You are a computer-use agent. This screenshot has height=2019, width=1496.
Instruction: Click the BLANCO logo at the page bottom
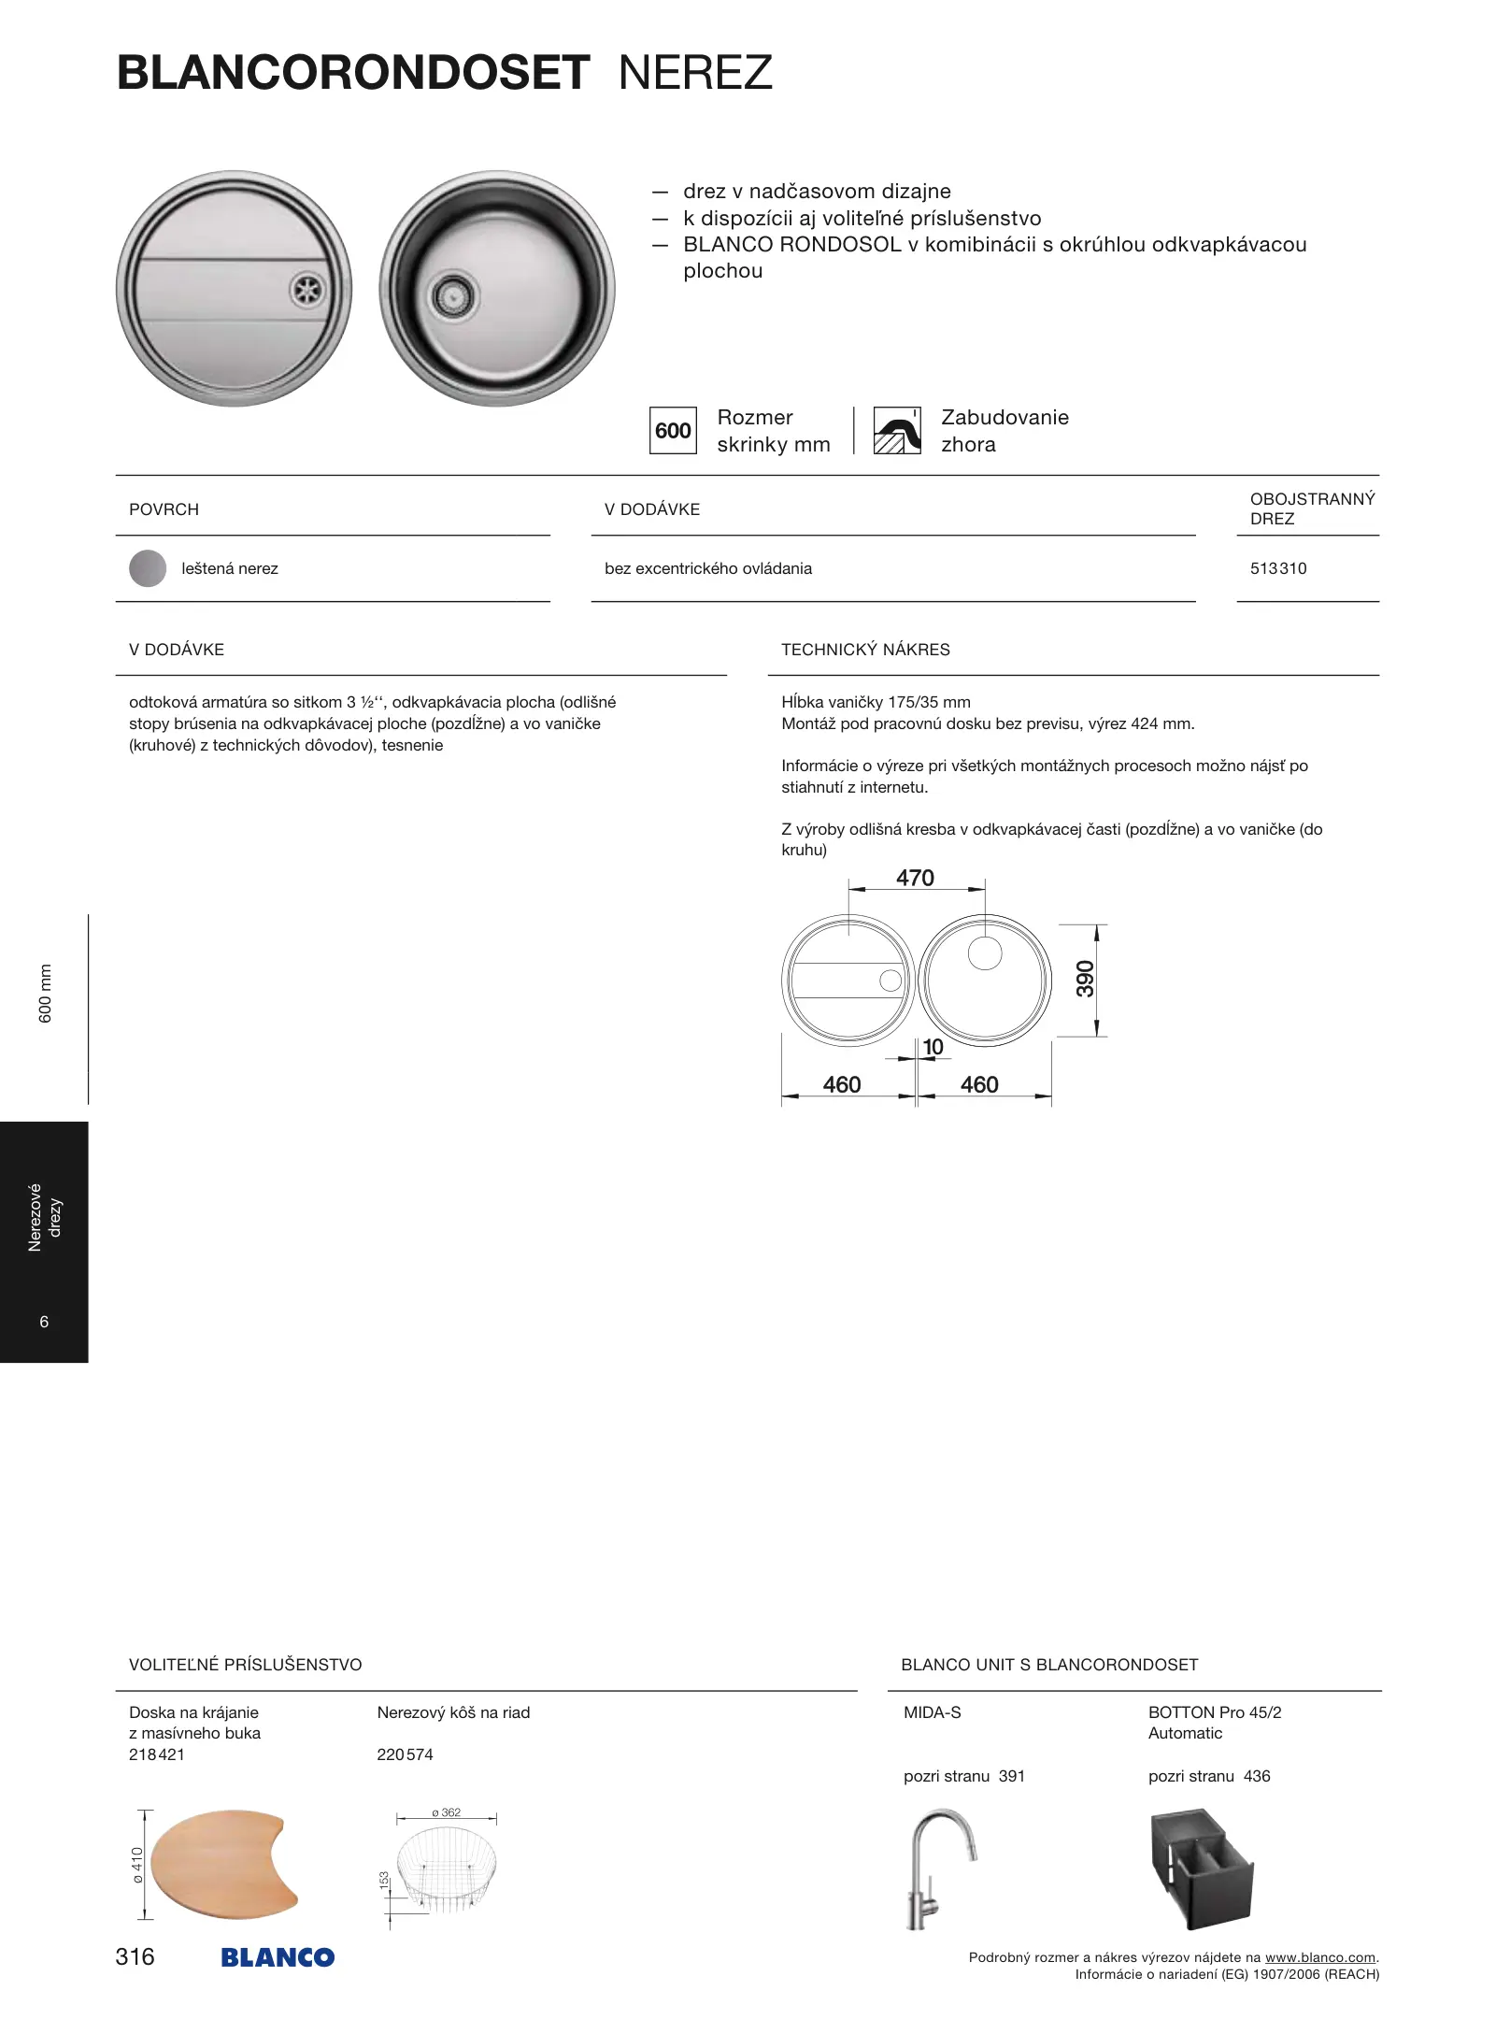278,1957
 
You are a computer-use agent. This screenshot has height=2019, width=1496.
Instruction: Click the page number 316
135,1956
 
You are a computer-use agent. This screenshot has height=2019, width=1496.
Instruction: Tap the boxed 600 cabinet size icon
673,431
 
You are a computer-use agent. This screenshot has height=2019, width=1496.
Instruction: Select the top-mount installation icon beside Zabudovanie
897,431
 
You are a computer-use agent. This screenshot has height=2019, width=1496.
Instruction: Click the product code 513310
1278,568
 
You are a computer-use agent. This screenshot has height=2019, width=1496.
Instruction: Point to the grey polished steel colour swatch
148,568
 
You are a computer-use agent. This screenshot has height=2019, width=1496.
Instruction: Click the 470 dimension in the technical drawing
915,878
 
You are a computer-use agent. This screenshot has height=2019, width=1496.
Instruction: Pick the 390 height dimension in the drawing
1085,979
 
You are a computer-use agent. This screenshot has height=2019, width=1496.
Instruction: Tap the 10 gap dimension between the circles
933,1048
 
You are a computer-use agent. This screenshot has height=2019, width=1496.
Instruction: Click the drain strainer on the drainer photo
306,290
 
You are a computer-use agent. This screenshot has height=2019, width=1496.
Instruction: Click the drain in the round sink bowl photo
454,297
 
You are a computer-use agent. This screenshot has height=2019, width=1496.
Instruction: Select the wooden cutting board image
224,1863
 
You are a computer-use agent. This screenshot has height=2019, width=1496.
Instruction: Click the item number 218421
157,1754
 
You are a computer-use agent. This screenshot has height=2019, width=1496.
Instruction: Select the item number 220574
405,1754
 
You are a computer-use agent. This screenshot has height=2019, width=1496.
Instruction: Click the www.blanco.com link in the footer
1319,1957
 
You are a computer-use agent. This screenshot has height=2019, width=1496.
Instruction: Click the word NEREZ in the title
695,73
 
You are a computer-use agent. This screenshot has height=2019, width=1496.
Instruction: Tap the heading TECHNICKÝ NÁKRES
865,650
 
